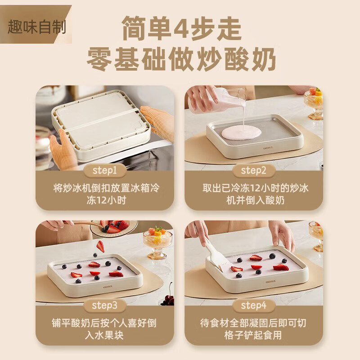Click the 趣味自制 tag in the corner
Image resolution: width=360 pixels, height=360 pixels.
coord(36,27)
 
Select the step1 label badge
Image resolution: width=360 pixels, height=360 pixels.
coord(104,171)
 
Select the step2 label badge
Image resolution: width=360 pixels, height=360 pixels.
coord(254,171)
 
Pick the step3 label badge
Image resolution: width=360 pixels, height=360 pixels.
coord(104,306)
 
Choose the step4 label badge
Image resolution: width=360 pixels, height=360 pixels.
coord(254,306)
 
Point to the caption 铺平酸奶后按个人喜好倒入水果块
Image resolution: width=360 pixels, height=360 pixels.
coord(104,329)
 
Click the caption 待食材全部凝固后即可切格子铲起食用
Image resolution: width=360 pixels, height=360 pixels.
coord(254,329)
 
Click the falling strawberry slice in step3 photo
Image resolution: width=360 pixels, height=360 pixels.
coord(100,246)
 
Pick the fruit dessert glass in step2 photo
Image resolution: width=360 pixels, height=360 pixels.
coord(314,101)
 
